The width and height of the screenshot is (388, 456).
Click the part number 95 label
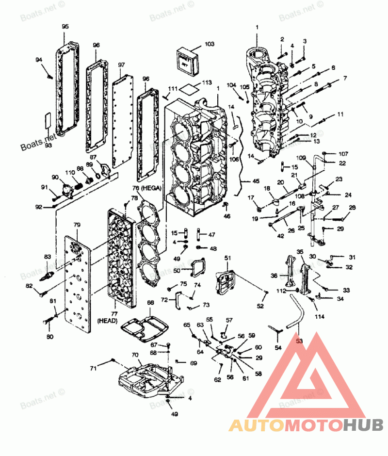(x=65, y=27)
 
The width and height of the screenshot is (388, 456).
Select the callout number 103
(x=209, y=44)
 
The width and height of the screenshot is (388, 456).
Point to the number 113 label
(x=208, y=82)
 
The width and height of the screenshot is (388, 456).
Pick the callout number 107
(x=343, y=154)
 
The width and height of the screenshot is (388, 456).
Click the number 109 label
(x=301, y=157)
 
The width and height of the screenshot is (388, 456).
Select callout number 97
(x=121, y=65)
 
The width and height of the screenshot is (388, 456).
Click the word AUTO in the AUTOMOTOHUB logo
(x=256, y=426)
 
